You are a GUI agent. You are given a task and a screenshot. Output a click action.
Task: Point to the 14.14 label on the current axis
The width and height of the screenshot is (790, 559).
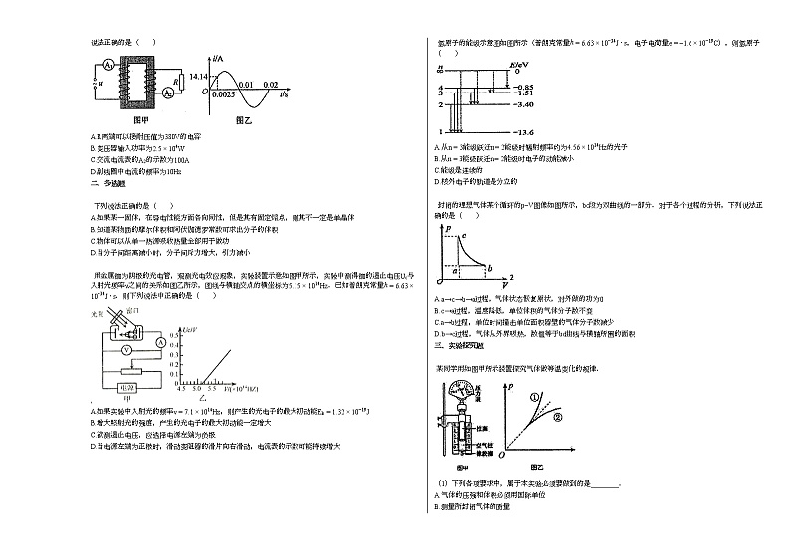[x=195, y=77]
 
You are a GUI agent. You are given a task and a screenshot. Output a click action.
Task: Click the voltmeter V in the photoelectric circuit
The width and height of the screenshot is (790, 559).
[x=126, y=350]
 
